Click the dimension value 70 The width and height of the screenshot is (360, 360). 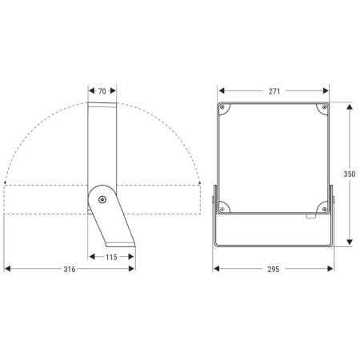pyautogui.click(x=102, y=91)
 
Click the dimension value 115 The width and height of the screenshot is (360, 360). pyautogui.click(x=111, y=258)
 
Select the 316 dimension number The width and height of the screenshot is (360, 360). pyautogui.click(x=70, y=269)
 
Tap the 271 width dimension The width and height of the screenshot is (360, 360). pyautogui.click(x=274, y=91)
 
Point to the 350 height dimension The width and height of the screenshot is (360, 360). pyautogui.click(x=350, y=174)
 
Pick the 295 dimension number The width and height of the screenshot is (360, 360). pyautogui.click(x=274, y=270)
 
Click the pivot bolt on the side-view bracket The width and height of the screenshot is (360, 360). pyautogui.click(x=102, y=199)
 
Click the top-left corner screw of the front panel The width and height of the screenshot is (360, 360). pyautogui.click(x=222, y=107)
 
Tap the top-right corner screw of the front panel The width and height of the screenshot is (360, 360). pyautogui.click(x=325, y=107)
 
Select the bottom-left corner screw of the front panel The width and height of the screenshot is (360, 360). pyautogui.click(x=222, y=210)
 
